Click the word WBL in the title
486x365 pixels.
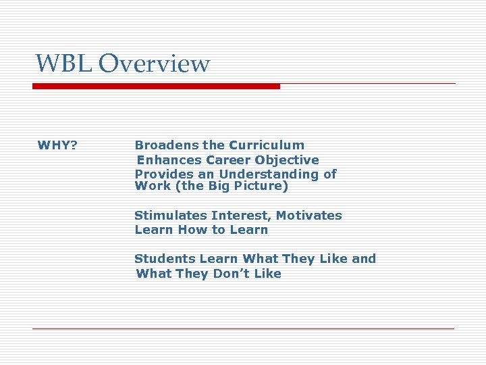click(64, 64)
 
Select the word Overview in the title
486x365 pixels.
click(154, 64)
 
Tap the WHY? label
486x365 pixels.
click(57, 145)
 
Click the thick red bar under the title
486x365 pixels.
click(156, 86)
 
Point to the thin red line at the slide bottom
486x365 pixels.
click(243, 328)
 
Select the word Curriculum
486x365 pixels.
click(267, 145)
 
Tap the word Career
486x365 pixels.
click(227, 160)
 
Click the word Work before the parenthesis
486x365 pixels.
click(153, 187)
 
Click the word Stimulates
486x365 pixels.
click(170, 216)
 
